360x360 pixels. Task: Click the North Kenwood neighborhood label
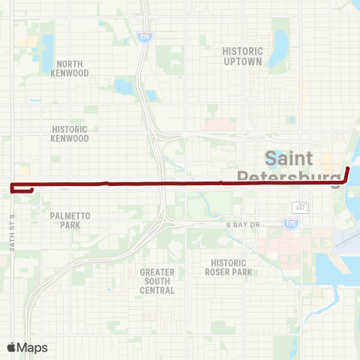[70, 68]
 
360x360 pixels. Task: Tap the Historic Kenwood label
[70, 133]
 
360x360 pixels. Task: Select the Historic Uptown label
[242, 56]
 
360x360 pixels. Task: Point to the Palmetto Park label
[70, 220]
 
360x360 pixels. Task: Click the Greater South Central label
[157, 281]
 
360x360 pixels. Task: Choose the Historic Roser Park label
[232, 267]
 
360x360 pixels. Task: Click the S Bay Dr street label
[244, 224]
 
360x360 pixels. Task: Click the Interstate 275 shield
[142, 36]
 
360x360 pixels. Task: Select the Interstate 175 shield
[290, 223]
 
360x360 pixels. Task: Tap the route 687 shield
[300, 207]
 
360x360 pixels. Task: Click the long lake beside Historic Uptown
[280, 49]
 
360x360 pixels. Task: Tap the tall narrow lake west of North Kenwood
[47, 49]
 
